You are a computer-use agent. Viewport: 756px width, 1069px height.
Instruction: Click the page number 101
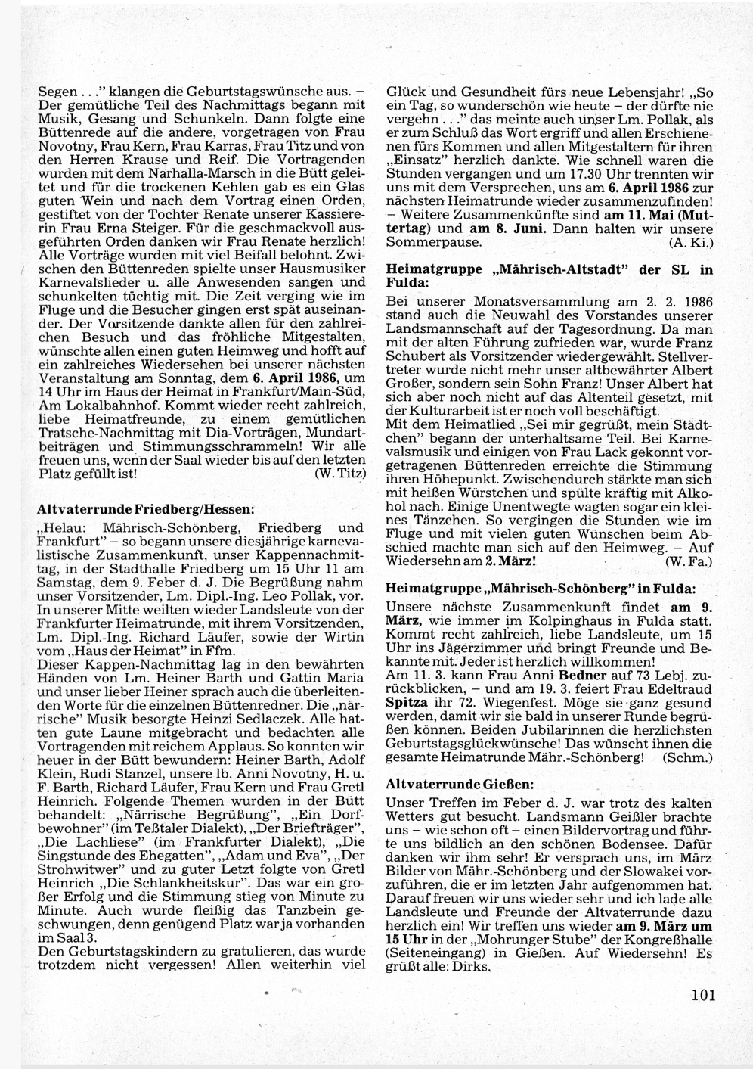coord(702,995)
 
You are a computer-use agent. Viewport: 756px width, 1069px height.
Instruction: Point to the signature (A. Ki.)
coord(691,242)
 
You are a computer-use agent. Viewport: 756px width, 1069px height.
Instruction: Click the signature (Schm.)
coord(689,757)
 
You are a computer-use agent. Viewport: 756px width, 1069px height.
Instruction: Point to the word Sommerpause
coord(433,242)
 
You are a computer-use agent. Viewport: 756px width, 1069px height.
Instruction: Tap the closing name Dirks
coord(467,967)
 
